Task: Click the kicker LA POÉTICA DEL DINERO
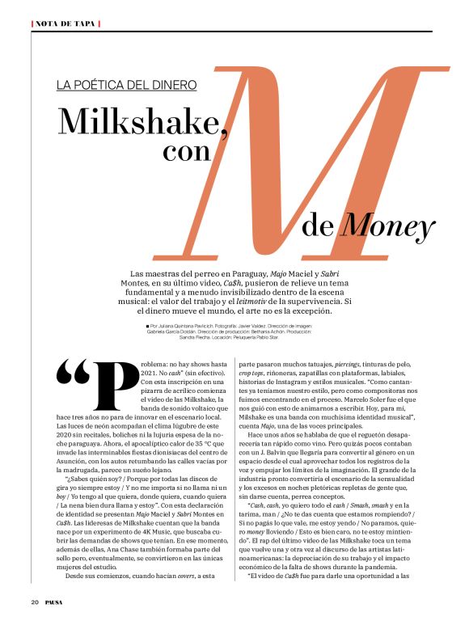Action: (127, 84)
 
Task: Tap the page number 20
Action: (36, 602)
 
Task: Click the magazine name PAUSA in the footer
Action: (56, 602)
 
